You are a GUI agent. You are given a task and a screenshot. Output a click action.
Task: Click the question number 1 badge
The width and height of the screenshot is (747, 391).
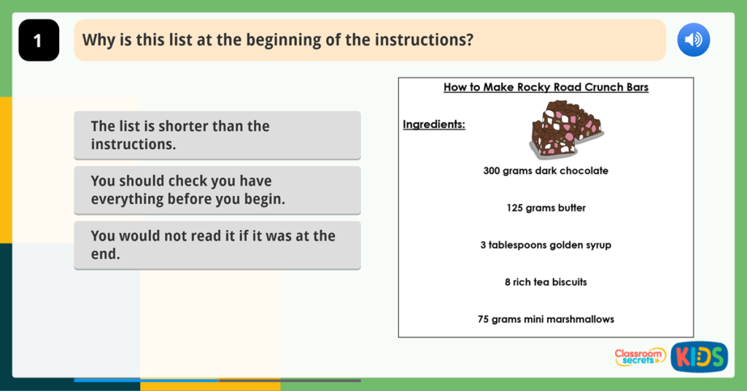click(x=38, y=40)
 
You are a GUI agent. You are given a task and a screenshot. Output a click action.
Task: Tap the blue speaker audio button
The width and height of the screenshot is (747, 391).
click(x=693, y=40)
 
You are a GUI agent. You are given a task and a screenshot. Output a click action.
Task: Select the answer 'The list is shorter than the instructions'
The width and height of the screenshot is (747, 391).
click(x=217, y=135)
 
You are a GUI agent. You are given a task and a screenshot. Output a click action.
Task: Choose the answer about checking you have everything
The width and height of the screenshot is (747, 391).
click(x=217, y=190)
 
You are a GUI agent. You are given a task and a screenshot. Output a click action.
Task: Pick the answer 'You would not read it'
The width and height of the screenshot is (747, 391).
click(x=217, y=245)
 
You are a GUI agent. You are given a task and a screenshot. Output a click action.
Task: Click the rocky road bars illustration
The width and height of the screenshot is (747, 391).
click(x=565, y=129)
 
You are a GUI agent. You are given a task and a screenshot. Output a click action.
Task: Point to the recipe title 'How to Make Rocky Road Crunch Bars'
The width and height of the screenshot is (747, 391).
click(x=546, y=88)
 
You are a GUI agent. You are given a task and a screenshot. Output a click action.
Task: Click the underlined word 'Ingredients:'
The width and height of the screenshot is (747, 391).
click(x=434, y=124)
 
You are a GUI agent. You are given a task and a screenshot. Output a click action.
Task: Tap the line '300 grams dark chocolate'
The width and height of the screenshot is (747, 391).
click(x=546, y=171)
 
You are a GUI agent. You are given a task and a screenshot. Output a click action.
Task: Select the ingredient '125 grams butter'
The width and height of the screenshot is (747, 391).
click(x=546, y=208)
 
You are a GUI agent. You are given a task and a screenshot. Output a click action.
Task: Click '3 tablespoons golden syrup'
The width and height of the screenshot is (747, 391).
click(x=546, y=245)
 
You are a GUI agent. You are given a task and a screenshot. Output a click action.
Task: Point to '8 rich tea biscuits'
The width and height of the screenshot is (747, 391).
click(x=546, y=282)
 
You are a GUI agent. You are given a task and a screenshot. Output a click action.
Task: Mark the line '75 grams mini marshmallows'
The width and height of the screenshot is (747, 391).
click(x=546, y=319)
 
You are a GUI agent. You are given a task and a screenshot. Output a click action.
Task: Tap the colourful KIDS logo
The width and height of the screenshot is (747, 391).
click(x=699, y=357)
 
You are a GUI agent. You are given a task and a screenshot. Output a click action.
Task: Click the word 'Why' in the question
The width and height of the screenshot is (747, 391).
click(x=98, y=40)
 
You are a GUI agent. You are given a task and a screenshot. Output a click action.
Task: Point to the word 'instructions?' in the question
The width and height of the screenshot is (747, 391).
click(x=424, y=40)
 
